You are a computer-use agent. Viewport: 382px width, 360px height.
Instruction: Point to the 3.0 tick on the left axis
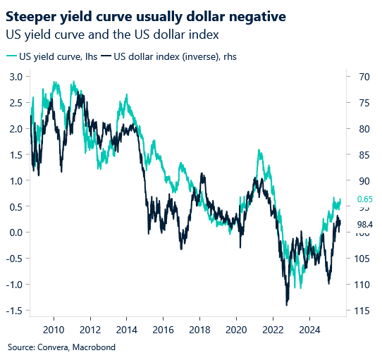[x=14, y=77]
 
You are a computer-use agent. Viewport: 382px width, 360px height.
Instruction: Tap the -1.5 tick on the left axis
[x=13, y=311]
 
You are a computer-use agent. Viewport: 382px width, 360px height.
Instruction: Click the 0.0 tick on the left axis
[x=14, y=232]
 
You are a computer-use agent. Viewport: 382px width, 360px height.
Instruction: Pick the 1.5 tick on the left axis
[x=14, y=154]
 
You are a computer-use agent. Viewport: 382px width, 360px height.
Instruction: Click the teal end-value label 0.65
[x=364, y=199]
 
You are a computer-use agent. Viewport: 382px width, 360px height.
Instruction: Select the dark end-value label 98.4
[x=364, y=225]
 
